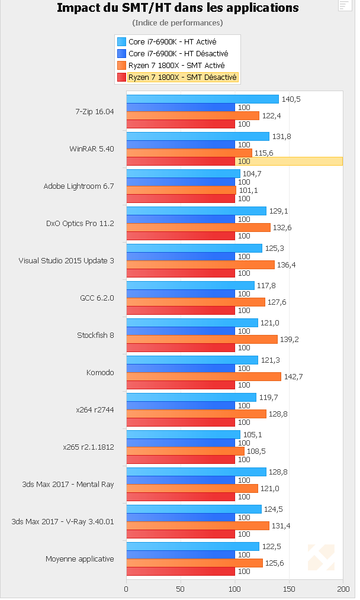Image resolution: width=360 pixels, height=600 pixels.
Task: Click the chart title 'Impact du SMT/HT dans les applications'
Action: point(178,8)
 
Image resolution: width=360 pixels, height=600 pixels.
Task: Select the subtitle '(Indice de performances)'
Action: point(178,22)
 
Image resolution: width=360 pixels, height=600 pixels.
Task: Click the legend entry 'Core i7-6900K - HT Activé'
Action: point(172,41)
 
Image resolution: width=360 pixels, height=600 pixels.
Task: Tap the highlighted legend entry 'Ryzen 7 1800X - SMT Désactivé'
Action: point(178,77)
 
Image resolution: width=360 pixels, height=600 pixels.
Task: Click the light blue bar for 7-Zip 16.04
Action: point(202,99)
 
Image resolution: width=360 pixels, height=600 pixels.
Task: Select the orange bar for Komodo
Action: point(203,377)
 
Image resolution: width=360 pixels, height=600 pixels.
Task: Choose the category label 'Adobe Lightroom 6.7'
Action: point(78,186)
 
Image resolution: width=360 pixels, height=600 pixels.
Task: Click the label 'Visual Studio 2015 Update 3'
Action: point(66,260)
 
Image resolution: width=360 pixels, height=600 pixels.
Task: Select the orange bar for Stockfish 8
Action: point(201,340)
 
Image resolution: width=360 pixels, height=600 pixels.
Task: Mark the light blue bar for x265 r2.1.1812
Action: point(183,435)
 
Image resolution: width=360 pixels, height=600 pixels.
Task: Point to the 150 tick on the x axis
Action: point(289,589)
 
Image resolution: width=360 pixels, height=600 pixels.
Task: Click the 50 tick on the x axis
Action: point(181,589)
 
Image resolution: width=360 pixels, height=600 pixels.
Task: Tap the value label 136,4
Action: point(285,265)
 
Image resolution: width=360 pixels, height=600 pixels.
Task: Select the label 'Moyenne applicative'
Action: point(79,559)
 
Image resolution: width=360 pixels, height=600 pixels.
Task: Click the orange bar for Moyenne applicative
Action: point(194,563)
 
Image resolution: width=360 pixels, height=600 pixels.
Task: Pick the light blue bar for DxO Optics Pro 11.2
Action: point(196,211)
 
